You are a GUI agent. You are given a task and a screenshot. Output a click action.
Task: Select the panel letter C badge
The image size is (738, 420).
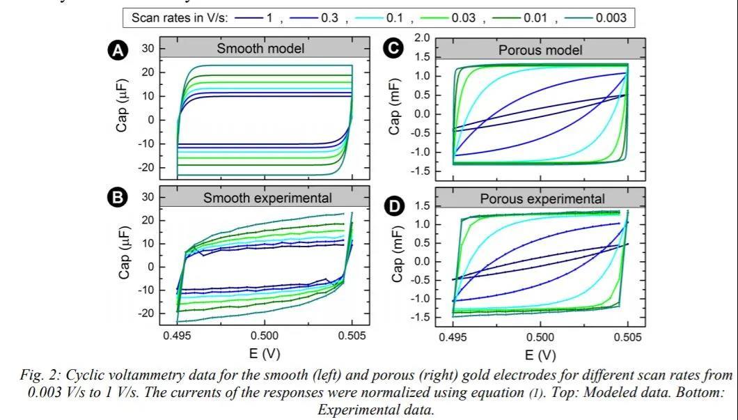(394, 48)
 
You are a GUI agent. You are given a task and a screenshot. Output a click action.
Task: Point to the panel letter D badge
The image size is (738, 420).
(394, 206)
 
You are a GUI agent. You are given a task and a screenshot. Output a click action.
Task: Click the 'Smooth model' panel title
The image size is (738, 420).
(260, 49)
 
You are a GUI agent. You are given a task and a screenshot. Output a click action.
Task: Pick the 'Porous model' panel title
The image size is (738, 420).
(540, 50)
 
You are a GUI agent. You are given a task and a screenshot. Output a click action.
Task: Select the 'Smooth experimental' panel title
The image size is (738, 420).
(267, 198)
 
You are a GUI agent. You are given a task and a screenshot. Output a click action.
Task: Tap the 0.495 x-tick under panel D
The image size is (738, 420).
(453, 338)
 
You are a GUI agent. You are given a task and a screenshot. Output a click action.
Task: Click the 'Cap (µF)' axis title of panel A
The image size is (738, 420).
(123, 109)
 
